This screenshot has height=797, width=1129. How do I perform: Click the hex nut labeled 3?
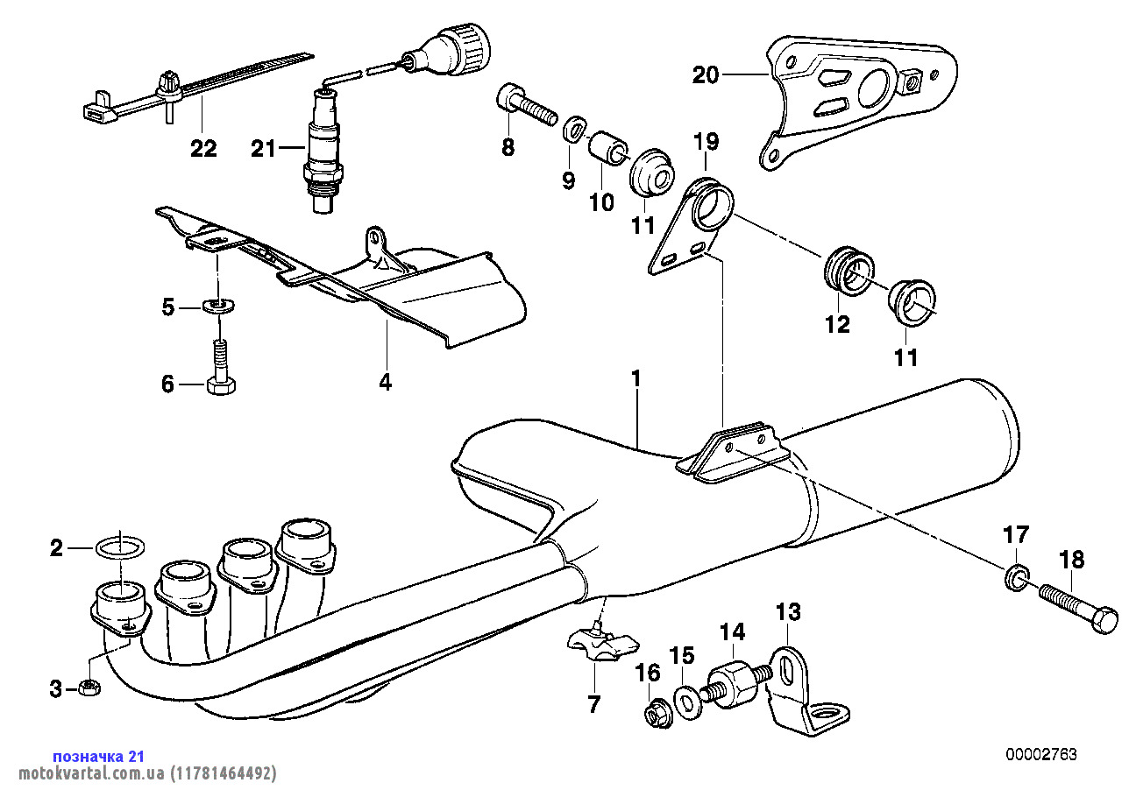(x=88, y=688)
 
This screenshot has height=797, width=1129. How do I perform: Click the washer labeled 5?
(x=217, y=306)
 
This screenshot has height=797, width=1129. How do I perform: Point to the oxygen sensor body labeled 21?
(x=322, y=145)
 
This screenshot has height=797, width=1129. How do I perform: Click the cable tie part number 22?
(x=203, y=149)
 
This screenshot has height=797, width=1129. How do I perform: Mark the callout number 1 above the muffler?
(x=636, y=379)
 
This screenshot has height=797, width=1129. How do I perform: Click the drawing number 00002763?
(x=1041, y=754)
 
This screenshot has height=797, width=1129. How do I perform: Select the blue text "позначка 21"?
(x=99, y=756)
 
